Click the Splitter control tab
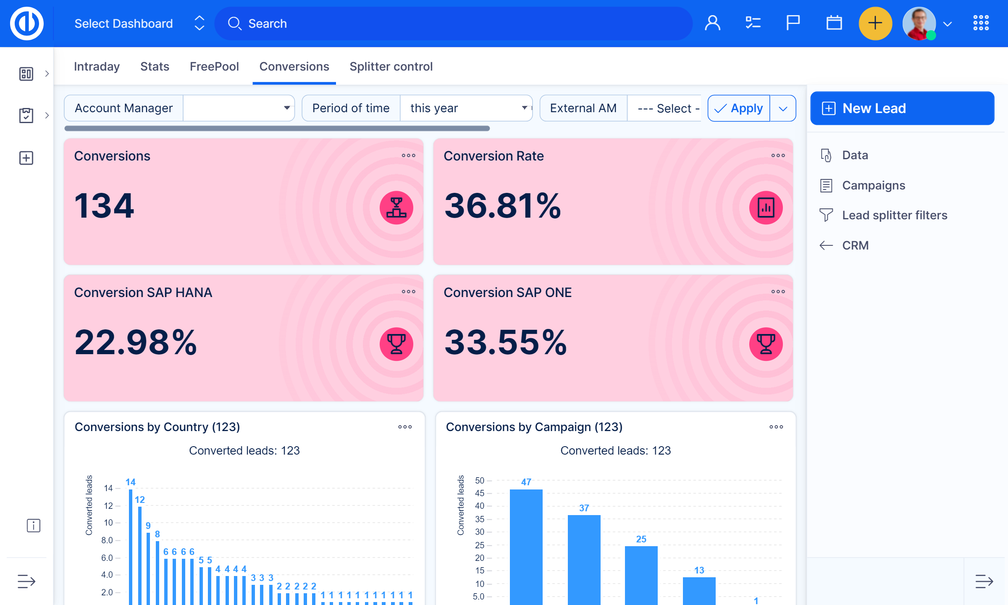click(391, 66)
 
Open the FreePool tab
click(214, 66)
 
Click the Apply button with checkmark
click(739, 108)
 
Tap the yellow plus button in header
click(875, 23)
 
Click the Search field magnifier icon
click(234, 24)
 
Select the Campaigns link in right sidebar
click(873, 185)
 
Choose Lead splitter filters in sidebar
click(894, 215)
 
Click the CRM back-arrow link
click(855, 245)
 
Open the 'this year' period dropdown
click(466, 108)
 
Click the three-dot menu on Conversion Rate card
click(778, 155)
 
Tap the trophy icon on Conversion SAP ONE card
click(766, 344)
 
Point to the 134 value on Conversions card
click(104, 206)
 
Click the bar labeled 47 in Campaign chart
click(526, 546)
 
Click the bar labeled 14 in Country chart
click(131, 546)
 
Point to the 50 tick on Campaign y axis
click(480, 480)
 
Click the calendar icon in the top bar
click(834, 23)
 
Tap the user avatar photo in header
click(919, 23)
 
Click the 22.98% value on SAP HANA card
click(135, 342)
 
